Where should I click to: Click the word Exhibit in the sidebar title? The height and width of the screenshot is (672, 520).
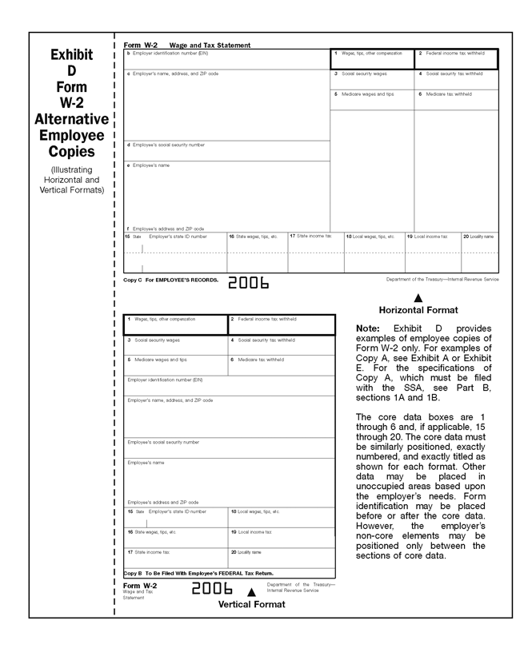pyautogui.click(x=71, y=55)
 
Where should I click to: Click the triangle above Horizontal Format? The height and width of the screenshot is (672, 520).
pyautogui.click(x=418, y=298)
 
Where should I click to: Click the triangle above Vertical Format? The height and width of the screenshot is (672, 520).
pyautogui.click(x=251, y=592)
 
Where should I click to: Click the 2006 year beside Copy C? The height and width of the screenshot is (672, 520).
pyautogui.click(x=249, y=283)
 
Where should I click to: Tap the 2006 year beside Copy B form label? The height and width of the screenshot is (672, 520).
pyautogui.click(x=211, y=590)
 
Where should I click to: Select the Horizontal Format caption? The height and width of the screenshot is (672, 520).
pyautogui.click(x=418, y=310)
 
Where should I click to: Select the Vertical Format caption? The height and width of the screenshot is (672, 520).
pyautogui.click(x=251, y=605)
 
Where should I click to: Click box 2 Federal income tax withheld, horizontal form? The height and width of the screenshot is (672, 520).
pyautogui.click(x=455, y=58)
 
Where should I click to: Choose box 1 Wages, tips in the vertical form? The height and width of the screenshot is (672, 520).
pyautogui.click(x=175, y=324)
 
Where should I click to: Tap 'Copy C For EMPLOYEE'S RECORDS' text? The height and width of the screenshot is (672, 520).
pyautogui.click(x=170, y=280)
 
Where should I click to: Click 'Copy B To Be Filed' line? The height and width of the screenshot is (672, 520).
pyautogui.click(x=198, y=573)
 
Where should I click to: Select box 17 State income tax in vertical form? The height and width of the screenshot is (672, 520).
pyautogui.click(x=175, y=557)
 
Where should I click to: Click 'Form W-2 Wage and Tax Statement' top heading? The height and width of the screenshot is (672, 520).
pyautogui.click(x=187, y=46)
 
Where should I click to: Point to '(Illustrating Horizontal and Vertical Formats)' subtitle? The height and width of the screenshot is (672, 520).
pyautogui.click(x=71, y=180)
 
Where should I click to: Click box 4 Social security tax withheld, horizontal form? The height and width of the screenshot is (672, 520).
pyautogui.click(x=455, y=74)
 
